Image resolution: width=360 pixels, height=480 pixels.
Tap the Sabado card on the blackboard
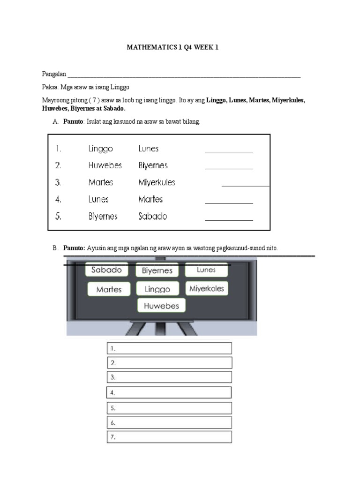(106, 270)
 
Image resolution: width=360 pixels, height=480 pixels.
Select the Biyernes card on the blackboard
(157, 270)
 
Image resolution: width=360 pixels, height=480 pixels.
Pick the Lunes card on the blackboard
(206, 270)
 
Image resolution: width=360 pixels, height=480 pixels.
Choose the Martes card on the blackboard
(109, 289)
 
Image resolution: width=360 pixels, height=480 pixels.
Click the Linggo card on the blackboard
(157, 289)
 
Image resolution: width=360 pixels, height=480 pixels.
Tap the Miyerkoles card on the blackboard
(207, 288)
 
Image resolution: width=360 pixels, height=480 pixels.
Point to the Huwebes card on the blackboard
(161, 306)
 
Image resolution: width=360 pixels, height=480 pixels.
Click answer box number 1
(169, 348)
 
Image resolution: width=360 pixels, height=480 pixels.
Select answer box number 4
(169, 392)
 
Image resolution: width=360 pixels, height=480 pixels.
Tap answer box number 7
(169, 437)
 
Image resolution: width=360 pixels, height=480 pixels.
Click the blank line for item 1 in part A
(229, 152)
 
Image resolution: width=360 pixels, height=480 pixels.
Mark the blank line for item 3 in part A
(245, 186)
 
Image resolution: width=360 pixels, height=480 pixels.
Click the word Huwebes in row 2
(105, 165)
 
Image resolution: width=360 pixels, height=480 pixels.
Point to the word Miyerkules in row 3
(157, 182)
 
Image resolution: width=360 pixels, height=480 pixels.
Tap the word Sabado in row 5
(153, 217)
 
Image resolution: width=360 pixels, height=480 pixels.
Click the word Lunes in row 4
(98, 199)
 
